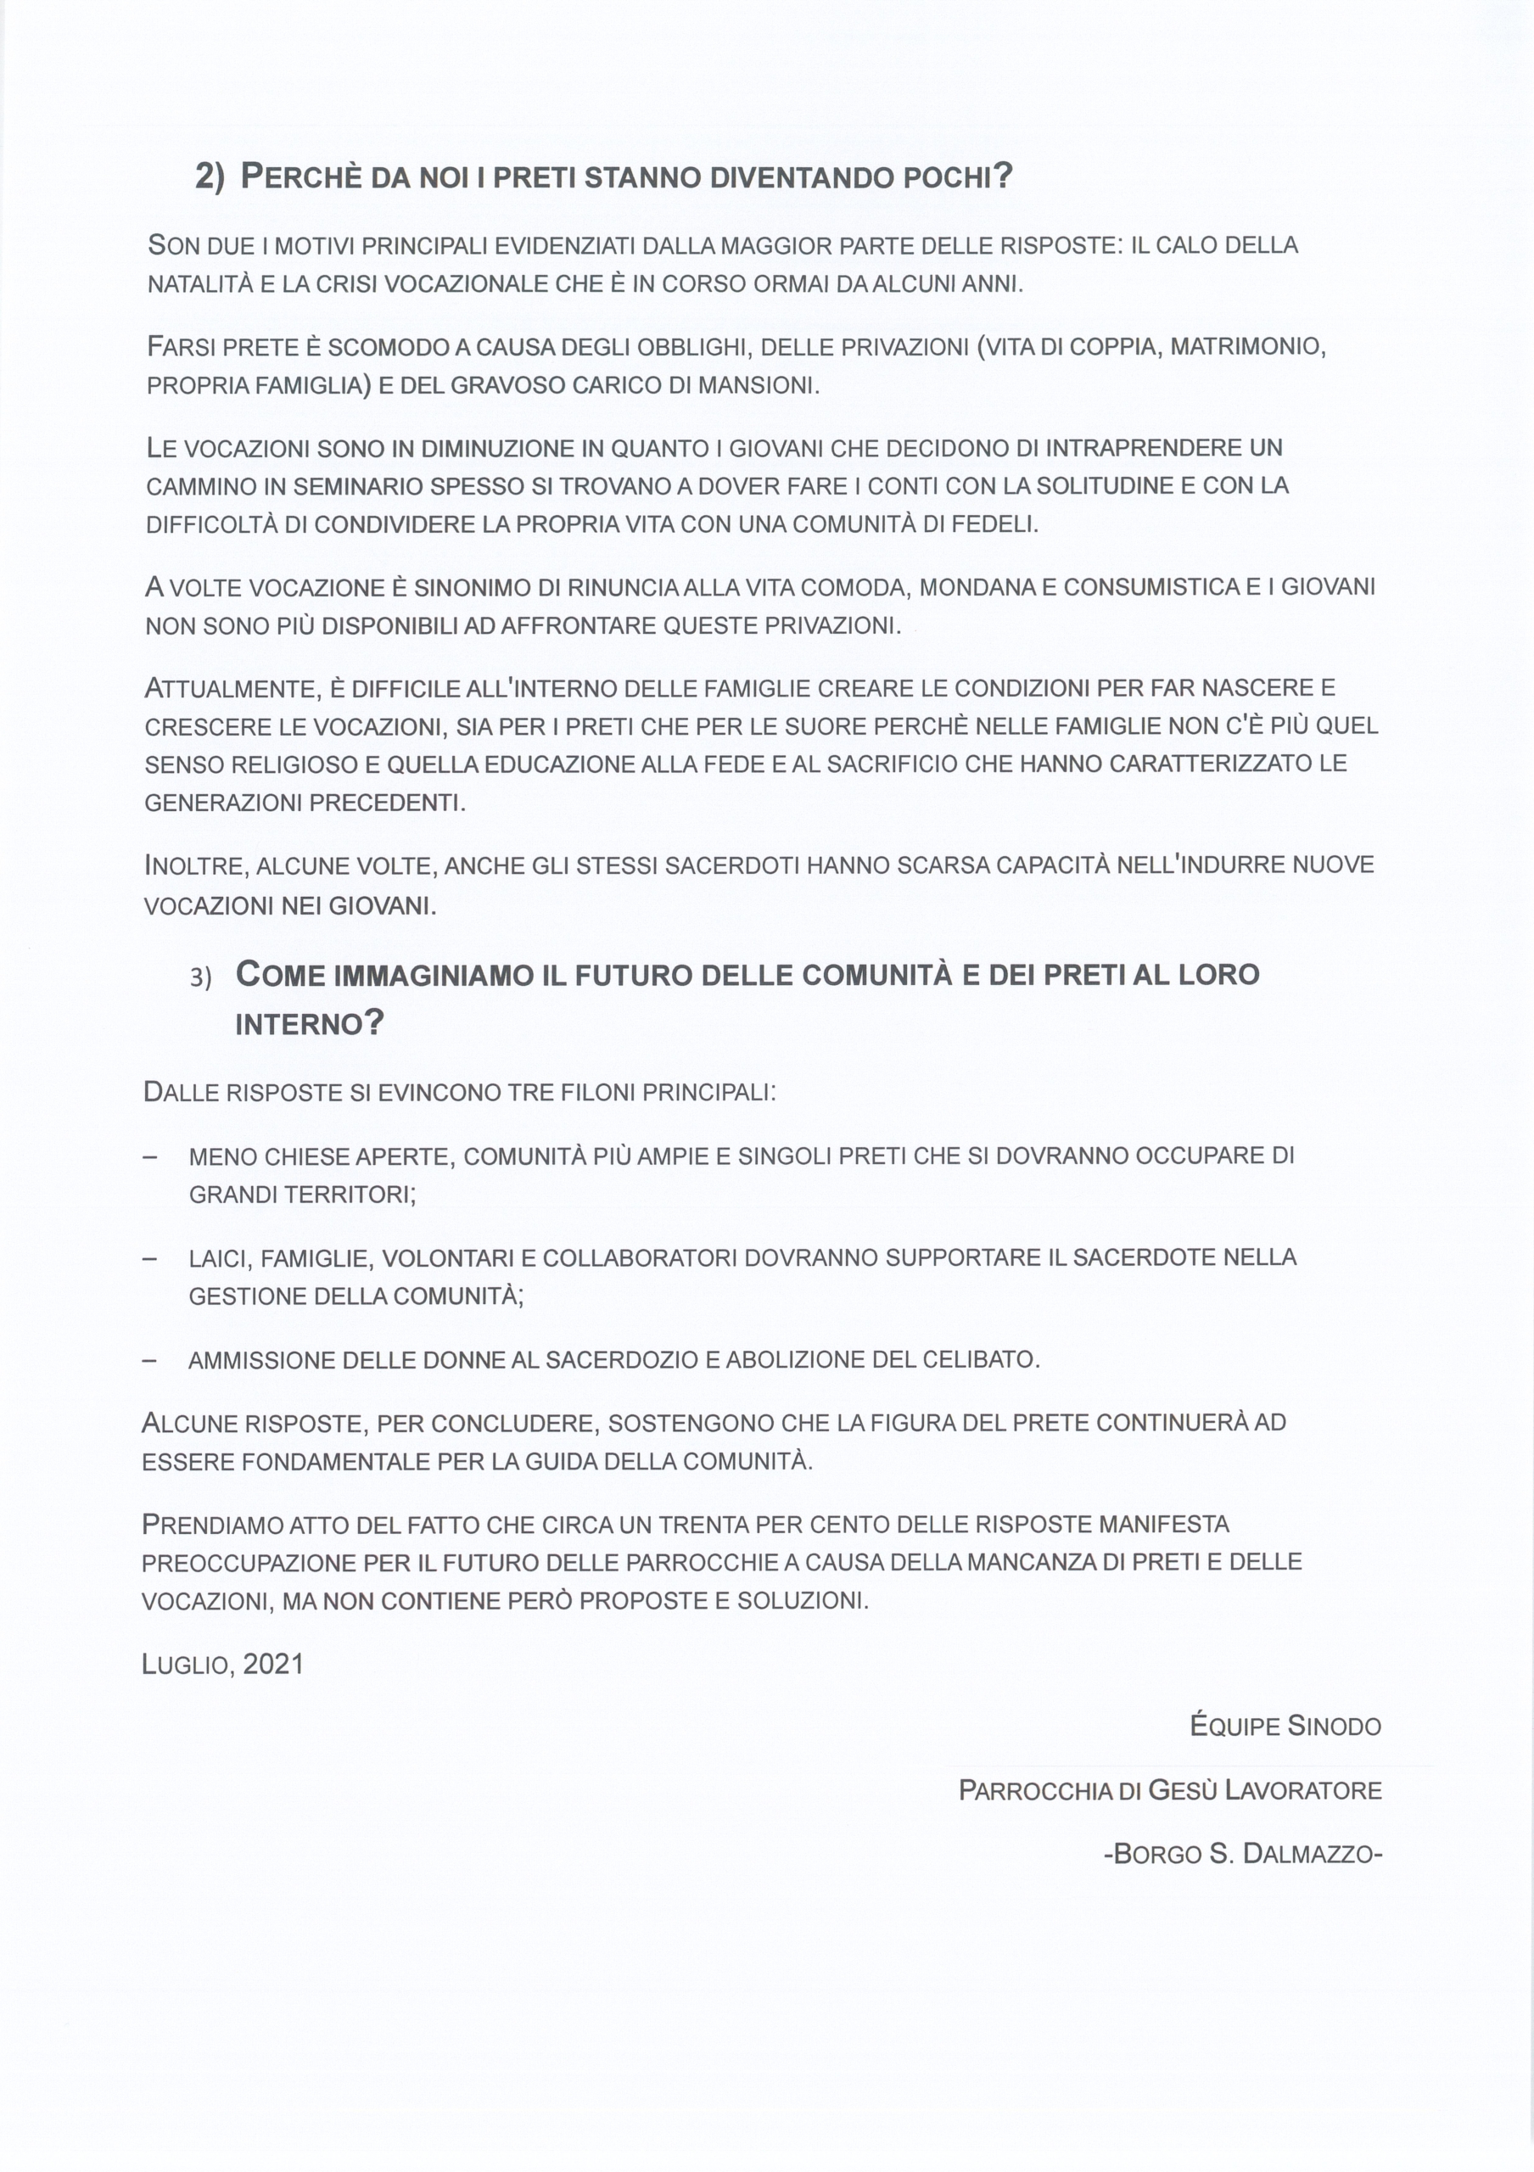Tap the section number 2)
coord(210,177)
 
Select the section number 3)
coord(200,978)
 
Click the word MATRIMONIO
coord(1247,346)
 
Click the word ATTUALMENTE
coord(229,689)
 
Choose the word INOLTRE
coord(193,865)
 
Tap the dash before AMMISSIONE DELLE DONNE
coord(148,1360)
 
